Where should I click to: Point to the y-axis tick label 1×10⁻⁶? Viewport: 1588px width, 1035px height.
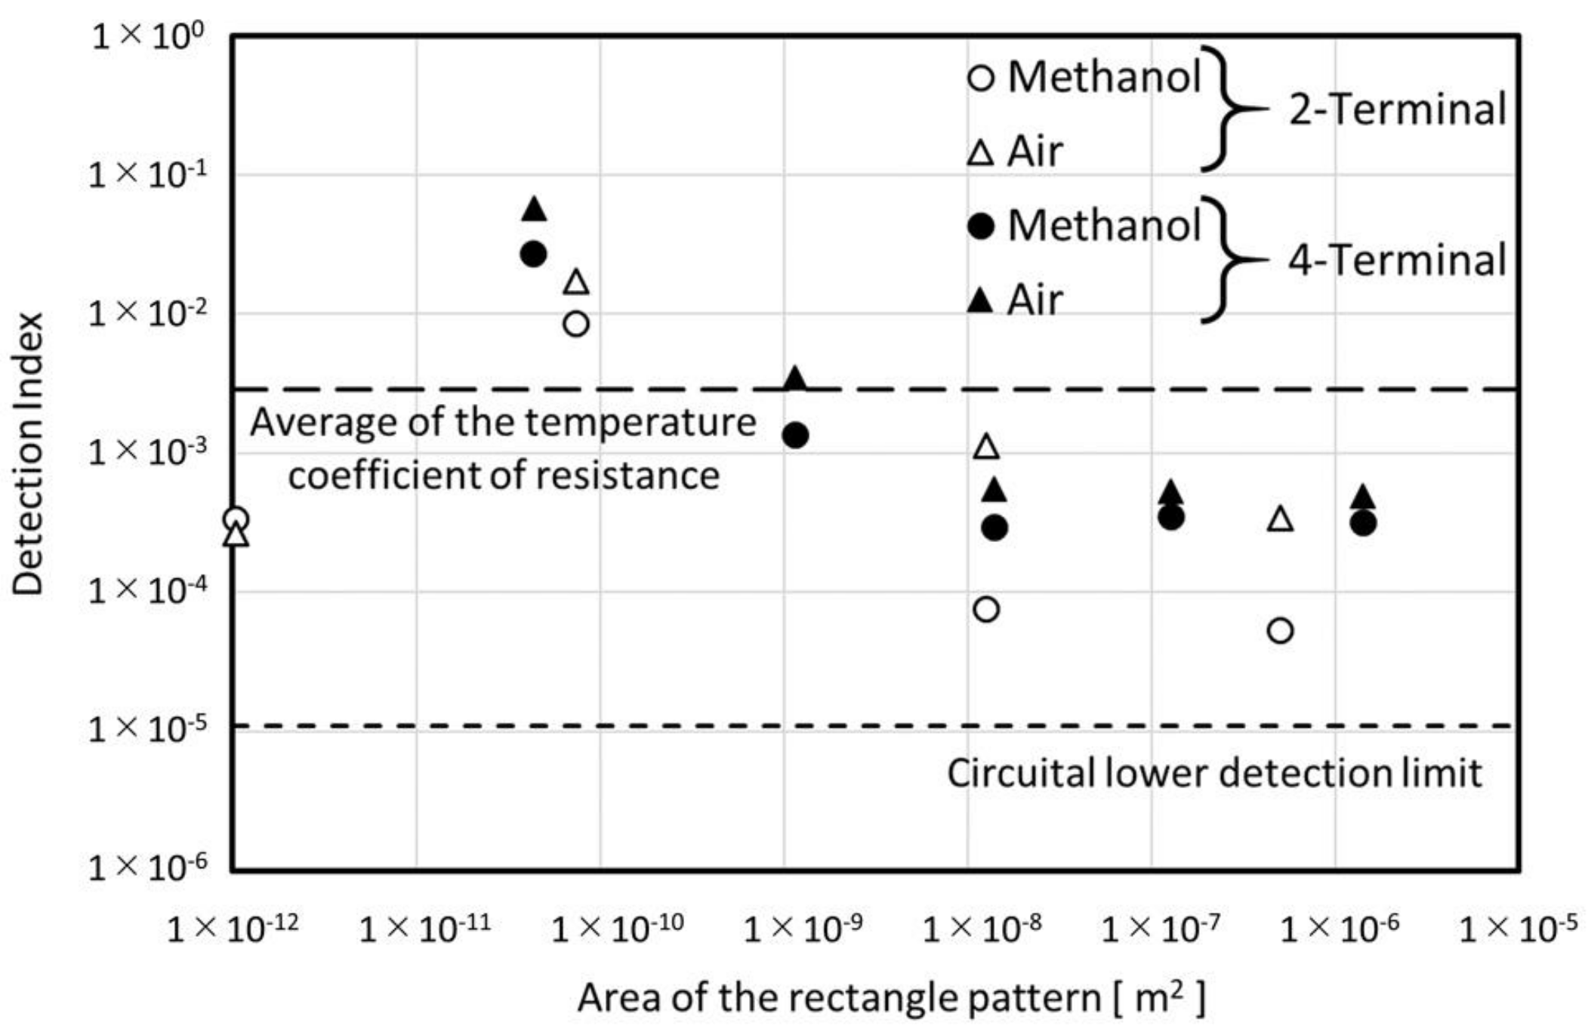click(x=146, y=867)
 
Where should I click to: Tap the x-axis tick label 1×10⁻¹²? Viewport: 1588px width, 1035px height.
click(x=232, y=928)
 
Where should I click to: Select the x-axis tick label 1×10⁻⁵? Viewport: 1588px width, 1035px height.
click(x=1518, y=928)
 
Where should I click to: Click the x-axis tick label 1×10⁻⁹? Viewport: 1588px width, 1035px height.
click(x=803, y=928)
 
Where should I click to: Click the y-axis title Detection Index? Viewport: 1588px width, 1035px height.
click(x=29, y=454)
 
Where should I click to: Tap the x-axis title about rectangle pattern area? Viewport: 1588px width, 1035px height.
click(x=891, y=998)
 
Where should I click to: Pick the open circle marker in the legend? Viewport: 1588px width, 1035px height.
click(x=981, y=77)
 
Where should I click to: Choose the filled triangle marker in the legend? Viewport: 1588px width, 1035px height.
click(x=981, y=300)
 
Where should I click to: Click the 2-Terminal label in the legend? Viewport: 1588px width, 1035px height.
click(x=1397, y=109)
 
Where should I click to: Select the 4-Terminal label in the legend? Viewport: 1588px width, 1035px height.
click(x=1397, y=260)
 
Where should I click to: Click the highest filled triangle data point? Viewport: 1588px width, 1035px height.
click(x=534, y=209)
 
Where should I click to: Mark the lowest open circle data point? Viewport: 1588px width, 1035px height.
click(x=1281, y=630)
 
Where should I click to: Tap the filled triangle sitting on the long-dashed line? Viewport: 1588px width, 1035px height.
click(x=795, y=380)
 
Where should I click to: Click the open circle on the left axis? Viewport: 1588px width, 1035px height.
click(x=236, y=519)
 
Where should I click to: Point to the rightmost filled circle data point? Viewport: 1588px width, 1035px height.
click(x=1363, y=523)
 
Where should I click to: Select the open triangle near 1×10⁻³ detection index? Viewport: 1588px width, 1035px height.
click(x=987, y=447)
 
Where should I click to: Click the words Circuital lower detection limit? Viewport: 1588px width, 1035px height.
click(x=1214, y=774)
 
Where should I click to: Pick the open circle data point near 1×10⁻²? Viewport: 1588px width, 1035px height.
click(x=576, y=324)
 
